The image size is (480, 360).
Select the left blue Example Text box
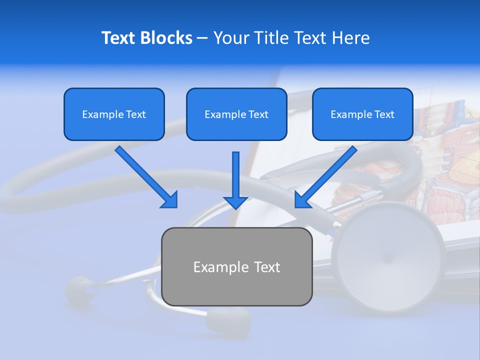click(114, 114)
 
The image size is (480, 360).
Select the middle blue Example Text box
click(236, 114)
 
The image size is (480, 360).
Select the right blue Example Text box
click(362, 114)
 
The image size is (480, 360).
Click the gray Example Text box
click(236, 266)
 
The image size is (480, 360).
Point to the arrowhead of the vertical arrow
click(235, 202)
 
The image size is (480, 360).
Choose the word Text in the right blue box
click(384, 114)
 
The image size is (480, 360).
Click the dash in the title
click(202, 38)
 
